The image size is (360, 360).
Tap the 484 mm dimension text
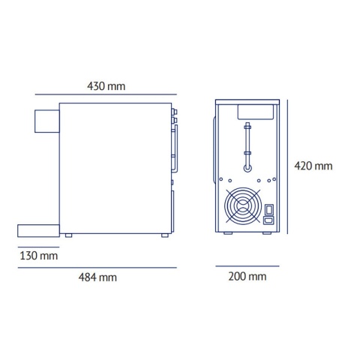click(x=98, y=277)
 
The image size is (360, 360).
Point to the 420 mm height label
click(x=313, y=166)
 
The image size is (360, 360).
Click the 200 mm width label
click(x=247, y=277)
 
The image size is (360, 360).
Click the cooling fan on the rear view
click(x=244, y=207)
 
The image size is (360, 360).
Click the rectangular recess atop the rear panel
click(x=254, y=111)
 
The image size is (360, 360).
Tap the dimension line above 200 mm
click(x=247, y=265)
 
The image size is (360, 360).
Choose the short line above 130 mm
click(x=37, y=245)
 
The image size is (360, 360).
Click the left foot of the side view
click(x=69, y=236)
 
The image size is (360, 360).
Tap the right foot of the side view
click(x=163, y=236)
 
